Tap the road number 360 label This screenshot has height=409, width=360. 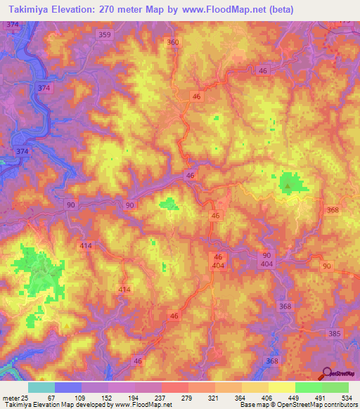click(x=174, y=42)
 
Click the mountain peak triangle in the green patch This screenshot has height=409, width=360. click(x=287, y=186)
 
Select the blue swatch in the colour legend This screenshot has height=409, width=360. click(x=68, y=387)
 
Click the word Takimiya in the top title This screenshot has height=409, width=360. click(x=25, y=10)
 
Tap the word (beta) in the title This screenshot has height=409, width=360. click(x=280, y=10)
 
